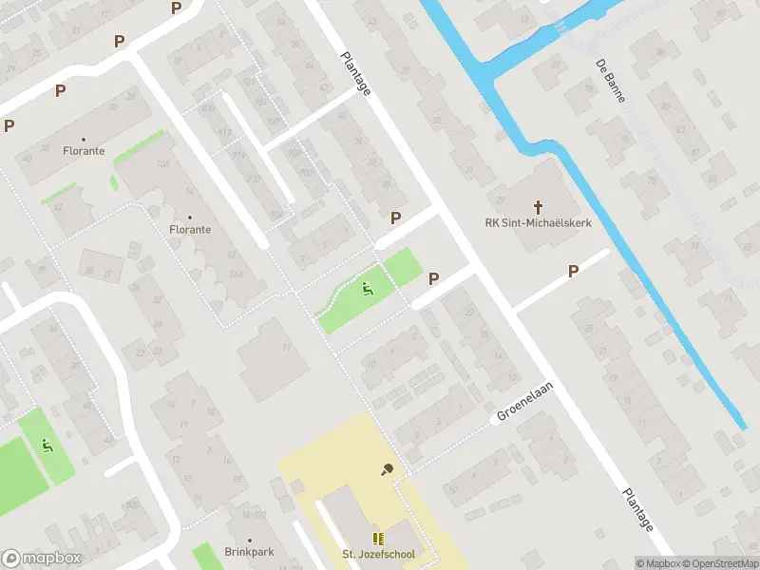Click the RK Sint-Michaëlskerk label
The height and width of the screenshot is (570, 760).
point(538,224)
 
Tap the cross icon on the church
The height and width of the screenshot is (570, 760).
point(538,206)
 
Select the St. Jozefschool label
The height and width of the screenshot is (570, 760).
point(378,555)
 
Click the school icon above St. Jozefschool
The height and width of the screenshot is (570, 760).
point(378,539)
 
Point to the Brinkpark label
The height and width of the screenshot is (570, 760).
point(249,552)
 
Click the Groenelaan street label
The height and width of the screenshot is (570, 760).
point(524,404)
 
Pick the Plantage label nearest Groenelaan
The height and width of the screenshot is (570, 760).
point(637,510)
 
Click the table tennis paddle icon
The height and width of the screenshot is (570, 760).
point(388,468)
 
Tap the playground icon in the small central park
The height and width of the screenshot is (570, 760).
point(368,288)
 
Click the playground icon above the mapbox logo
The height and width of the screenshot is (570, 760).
point(47,444)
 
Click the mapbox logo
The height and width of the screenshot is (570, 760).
point(42,559)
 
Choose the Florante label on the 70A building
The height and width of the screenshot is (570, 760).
point(190,229)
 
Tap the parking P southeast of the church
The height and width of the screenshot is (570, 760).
point(573,272)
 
